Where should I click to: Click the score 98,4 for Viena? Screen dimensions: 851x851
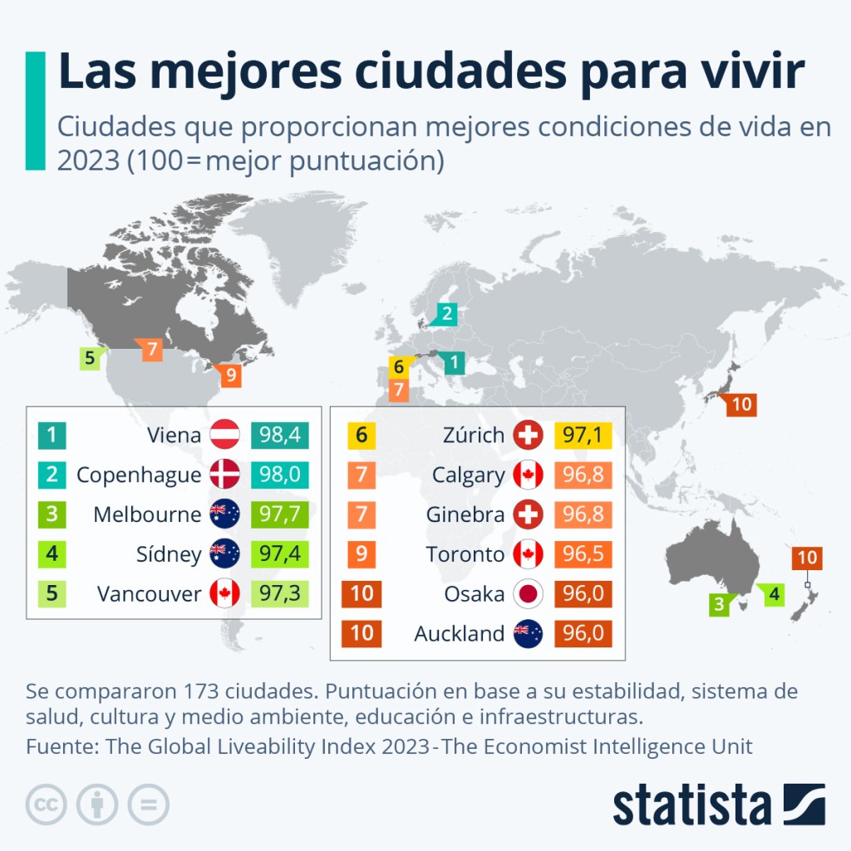(x=279, y=435)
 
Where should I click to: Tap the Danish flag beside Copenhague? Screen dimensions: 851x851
(x=224, y=475)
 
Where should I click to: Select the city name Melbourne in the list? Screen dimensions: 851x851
(x=147, y=514)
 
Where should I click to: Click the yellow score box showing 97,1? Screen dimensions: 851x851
(x=582, y=435)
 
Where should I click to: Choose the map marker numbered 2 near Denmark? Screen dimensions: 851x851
(x=446, y=313)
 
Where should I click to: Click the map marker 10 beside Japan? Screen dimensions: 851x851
(x=741, y=405)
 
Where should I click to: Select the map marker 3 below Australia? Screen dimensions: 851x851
(x=718, y=604)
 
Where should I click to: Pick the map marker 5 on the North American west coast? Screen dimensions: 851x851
(x=89, y=359)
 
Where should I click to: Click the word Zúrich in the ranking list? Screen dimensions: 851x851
(x=473, y=435)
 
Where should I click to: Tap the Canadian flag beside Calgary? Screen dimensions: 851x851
(x=528, y=475)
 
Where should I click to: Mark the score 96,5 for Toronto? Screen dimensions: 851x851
(x=582, y=554)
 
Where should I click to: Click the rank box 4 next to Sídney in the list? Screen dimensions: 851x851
(x=52, y=554)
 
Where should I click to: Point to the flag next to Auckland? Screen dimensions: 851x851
(x=528, y=634)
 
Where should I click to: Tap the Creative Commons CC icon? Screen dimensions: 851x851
(x=47, y=804)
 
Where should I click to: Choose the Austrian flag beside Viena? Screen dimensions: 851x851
(x=224, y=435)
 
